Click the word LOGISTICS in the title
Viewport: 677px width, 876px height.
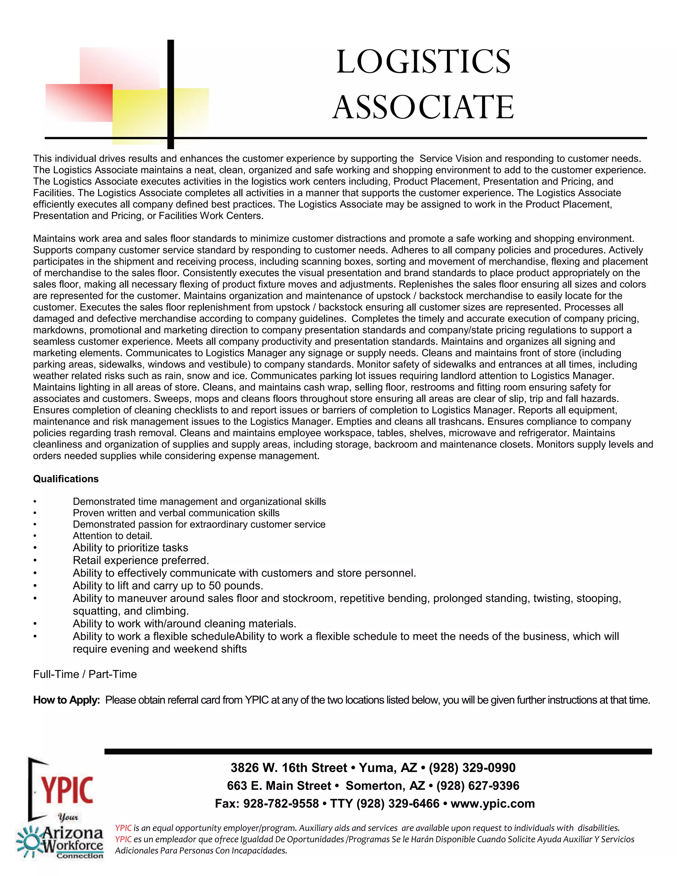point(423,62)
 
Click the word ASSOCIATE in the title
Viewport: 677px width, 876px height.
point(423,107)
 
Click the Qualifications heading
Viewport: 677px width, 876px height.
point(66,479)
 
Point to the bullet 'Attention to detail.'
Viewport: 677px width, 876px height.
point(112,536)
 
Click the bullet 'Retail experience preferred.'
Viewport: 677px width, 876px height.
point(141,560)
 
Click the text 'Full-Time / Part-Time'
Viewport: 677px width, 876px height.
point(85,674)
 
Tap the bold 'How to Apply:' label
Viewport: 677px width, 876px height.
point(66,700)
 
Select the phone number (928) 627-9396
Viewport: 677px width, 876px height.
point(478,786)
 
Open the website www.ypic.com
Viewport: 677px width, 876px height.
point(493,804)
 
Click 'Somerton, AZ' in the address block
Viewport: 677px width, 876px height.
point(385,786)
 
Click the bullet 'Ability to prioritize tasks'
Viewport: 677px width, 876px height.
point(130,548)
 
